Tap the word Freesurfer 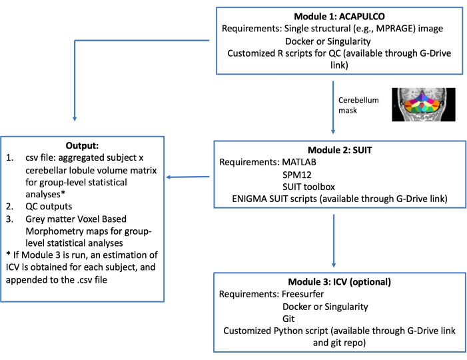point(318,293)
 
